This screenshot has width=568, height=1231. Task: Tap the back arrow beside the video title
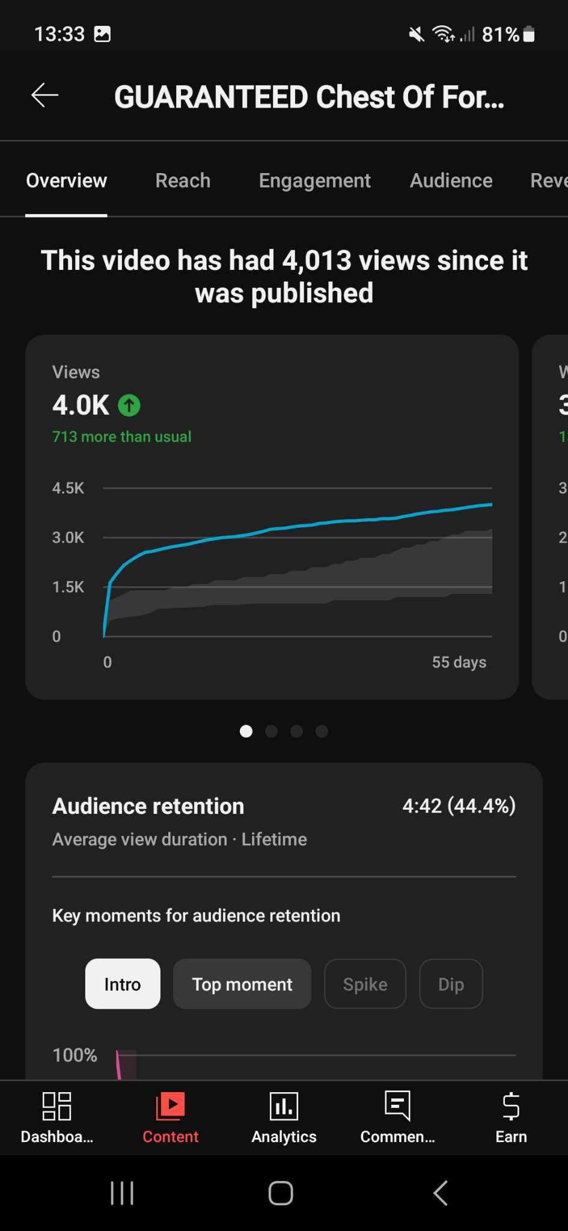(45, 95)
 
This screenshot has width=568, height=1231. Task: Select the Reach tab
(183, 180)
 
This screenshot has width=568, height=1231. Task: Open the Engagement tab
(314, 180)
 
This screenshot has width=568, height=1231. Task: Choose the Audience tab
(451, 180)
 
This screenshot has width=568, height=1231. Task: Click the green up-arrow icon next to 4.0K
(129, 406)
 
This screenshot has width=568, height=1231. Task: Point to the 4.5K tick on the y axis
(68, 488)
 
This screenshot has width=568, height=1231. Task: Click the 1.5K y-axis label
(68, 587)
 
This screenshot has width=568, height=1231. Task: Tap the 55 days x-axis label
(459, 662)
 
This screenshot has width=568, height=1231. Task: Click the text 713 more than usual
(121, 436)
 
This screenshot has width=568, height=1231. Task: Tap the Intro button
(123, 984)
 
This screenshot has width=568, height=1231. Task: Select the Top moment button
(242, 984)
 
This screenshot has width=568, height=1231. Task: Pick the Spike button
(365, 984)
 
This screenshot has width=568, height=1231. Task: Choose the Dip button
(451, 984)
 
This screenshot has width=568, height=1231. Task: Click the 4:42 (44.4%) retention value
(459, 805)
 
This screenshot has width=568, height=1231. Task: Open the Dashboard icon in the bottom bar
(57, 1107)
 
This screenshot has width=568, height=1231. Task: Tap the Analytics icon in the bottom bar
(284, 1107)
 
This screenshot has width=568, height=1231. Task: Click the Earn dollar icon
(511, 1107)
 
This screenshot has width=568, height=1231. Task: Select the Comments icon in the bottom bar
(397, 1107)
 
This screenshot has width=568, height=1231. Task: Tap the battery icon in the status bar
(529, 34)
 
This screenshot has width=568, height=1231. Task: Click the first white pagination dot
(246, 731)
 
